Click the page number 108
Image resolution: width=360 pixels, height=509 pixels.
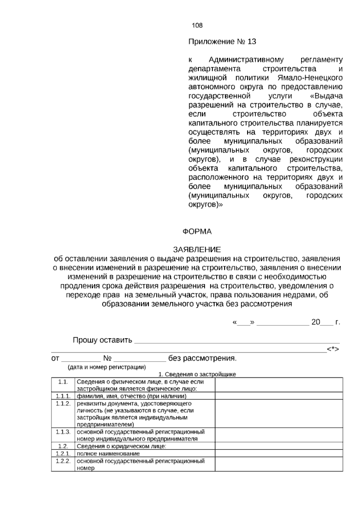click(197, 26)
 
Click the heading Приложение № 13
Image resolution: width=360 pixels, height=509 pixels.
click(222, 42)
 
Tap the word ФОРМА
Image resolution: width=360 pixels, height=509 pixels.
click(197, 232)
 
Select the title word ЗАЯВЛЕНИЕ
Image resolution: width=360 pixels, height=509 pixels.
click(197, 250)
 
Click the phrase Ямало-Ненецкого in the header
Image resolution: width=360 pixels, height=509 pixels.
click(310, 78)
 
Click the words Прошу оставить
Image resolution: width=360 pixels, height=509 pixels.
click(102, 340)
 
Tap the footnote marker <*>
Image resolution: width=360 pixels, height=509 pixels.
click(333, 349)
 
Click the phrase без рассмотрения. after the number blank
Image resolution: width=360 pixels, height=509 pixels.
click(202, 358)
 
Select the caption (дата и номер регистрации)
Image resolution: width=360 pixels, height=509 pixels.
click(107, 367)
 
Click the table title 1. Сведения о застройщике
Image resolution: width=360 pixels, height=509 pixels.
click(197, 374)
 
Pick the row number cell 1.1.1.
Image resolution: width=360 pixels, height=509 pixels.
click(63, 396)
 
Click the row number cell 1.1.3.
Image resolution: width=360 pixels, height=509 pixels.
click(63, 432)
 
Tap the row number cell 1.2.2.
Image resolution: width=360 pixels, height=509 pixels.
click(63, 461)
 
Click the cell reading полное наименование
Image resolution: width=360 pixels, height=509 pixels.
click(108, 454)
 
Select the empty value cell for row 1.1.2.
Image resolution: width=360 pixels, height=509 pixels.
click(279, 414)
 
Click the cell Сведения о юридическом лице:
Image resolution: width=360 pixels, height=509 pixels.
click(121, 446)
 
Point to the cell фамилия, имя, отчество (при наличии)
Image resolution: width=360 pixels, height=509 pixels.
click(131, 396)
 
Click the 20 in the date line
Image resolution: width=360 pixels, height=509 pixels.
click(316, 322)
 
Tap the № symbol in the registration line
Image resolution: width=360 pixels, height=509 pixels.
click(107, 358)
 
